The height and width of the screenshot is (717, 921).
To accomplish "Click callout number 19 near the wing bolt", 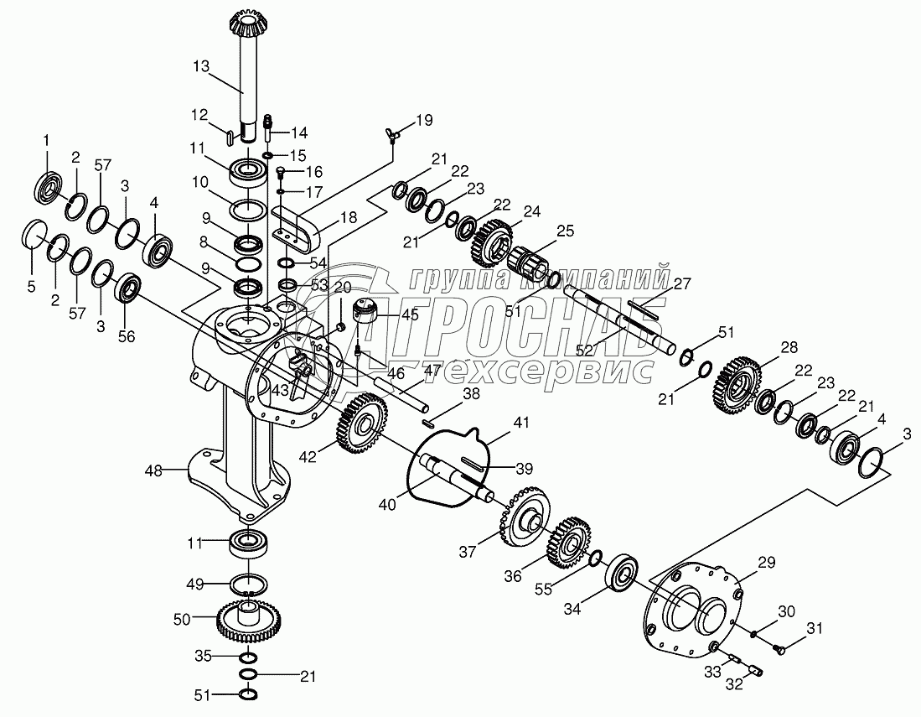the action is pyautogui.click(x=424, y=120).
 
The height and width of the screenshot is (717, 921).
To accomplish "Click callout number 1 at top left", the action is pyautogui.click(x=47, y=139).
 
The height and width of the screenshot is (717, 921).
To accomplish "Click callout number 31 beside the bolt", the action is pyautogui.click(x=815, y=629).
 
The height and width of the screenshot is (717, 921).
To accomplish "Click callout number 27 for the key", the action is pyautogui.click(x=682, y=283).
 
